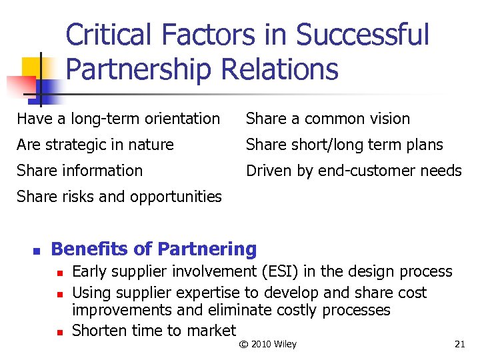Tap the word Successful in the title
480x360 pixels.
363,35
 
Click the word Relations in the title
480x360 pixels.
294,69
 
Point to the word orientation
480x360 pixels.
179,119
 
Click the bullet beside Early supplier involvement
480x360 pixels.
59,273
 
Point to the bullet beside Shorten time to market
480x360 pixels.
59,332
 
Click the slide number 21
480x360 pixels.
459,344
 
